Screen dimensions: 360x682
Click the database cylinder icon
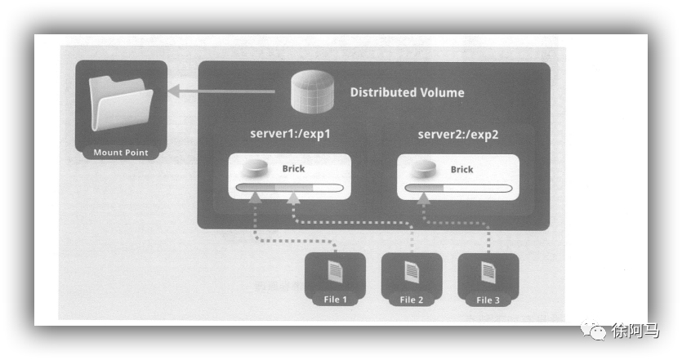(313, 92)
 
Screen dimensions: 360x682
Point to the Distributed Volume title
(407, 93)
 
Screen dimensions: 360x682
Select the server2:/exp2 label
(457, 134)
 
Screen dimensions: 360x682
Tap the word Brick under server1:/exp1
(294, 170)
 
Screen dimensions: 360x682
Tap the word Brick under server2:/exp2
(461, 170)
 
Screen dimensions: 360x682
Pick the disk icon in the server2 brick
(423, 169)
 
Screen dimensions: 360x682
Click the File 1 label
(336, 300)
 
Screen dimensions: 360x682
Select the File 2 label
(411, 300)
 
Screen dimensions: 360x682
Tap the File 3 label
(488, 300)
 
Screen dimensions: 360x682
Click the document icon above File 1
(335, 272)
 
